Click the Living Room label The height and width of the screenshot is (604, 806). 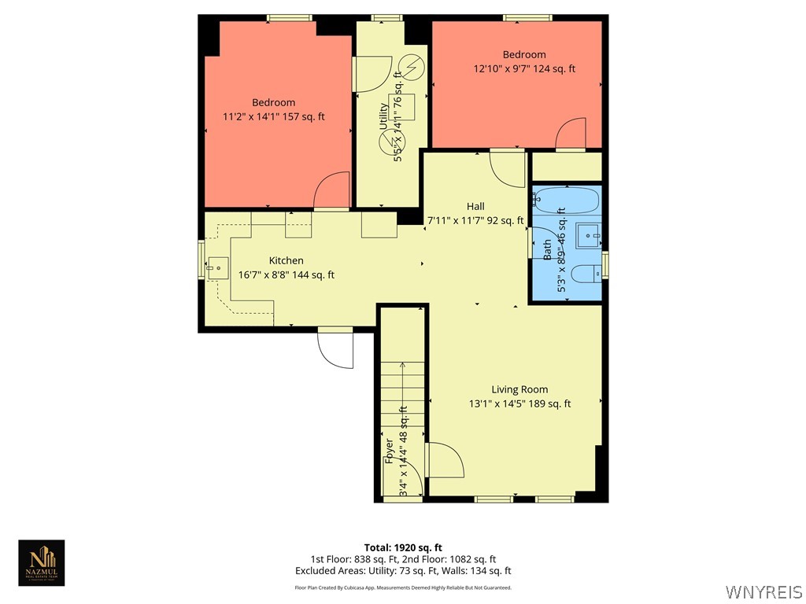coord(519,389)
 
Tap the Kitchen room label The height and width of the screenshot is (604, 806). coord(286,260)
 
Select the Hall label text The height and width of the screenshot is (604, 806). coord(475,206)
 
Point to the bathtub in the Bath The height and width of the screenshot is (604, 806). coord(567,197)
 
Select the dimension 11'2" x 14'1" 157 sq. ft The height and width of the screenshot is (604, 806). coord(274,116)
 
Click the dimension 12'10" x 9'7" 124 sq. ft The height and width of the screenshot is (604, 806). coord(524,68)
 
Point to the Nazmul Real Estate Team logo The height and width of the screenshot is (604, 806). coord(42,562)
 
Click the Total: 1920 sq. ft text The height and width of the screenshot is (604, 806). coord(403,547)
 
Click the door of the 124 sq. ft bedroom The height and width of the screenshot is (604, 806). coord(571,134)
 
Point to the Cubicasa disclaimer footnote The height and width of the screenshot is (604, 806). coord(403,587)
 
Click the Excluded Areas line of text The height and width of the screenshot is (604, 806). coord(403,571)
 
